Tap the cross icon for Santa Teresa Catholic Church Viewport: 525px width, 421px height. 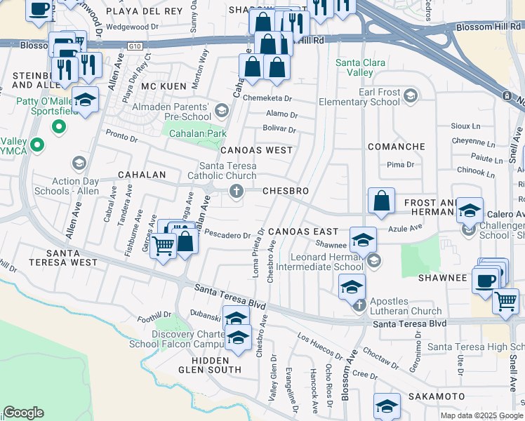[x=237, y=191]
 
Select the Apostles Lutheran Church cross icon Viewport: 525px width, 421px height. [x=359, y=305]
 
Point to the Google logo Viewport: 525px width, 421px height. [x=23, y=413]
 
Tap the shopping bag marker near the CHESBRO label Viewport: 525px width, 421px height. [x=380, y=200]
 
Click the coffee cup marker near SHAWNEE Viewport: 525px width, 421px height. [x=485, y=280]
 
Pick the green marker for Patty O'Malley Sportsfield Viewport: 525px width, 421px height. [x=60, y=128]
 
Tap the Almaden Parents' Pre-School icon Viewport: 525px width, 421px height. [x=222, y=111]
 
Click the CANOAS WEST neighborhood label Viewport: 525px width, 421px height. [x=256, y=150]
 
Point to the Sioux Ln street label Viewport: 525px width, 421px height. [x=466, y=127]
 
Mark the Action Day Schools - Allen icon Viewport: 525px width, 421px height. [x=79, y=163]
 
